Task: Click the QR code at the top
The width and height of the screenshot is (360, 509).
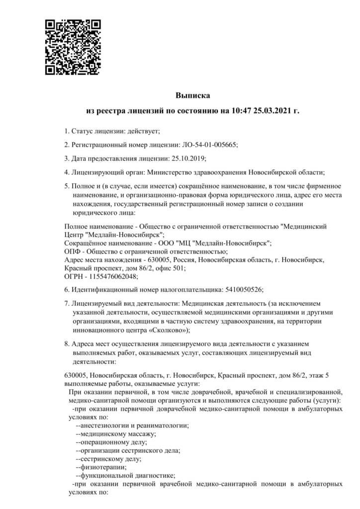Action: [x=73, y=47]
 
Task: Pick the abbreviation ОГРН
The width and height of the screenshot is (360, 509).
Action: [x=75, y=276]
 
